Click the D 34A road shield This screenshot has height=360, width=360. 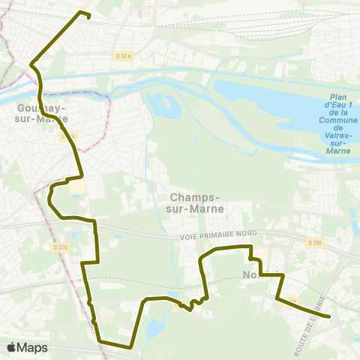[x=123, y=55]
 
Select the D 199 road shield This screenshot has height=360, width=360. [x=314, y=242]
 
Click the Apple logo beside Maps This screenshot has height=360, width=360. [x=12, y=347]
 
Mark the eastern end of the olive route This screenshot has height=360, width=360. [x=328, y=316]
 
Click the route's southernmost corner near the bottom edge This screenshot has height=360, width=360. [x=131, y=347]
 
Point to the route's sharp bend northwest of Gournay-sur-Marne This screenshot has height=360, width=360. [x=31, y=65]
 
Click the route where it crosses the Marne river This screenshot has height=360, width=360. [x=42, y=94]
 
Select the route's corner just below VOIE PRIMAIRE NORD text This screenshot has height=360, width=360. [x=250, y=246]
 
